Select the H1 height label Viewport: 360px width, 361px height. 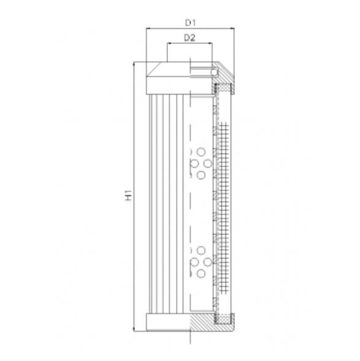click(x=128, y=196)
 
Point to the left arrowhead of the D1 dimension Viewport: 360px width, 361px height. click(x=148, y=29)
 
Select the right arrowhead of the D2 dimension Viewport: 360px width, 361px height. click(x=211, y=44)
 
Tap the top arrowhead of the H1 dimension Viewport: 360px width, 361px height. click(x=134, y=64)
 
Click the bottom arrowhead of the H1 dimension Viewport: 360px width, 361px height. click(x=134, y=328)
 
